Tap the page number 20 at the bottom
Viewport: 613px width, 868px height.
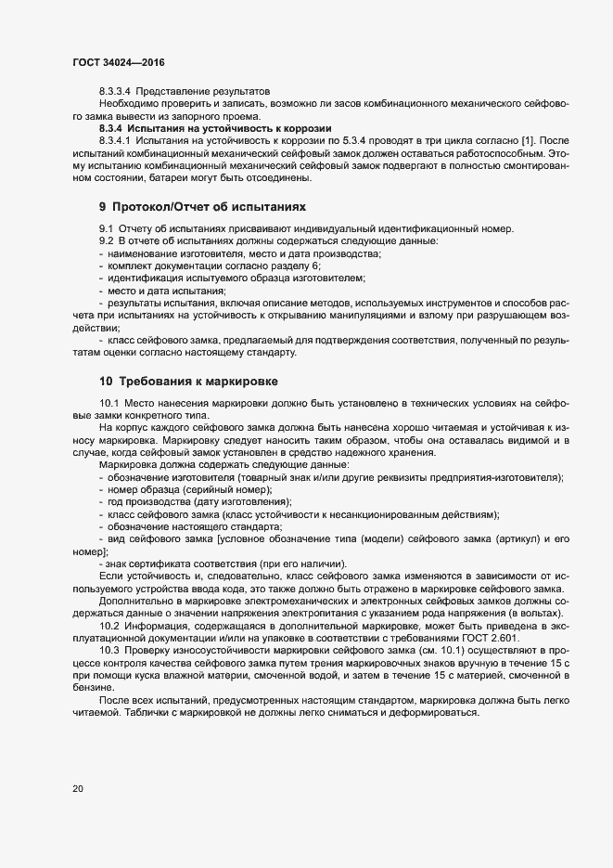point(78,789)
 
